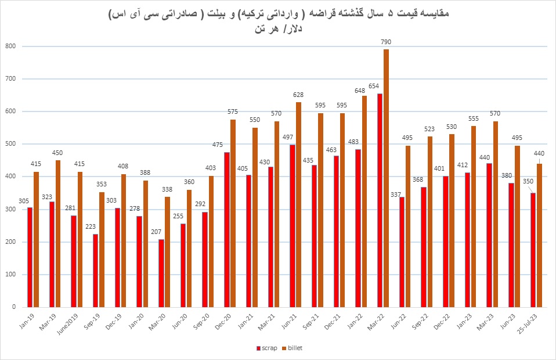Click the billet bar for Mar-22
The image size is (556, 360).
[x=387, y=178]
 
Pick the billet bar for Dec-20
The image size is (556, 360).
[x=233, y=213]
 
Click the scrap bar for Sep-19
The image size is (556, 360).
[x=95, y=271]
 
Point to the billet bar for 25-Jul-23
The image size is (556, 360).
[x=540, y=235]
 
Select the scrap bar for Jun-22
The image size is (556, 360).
[x=402, y=252]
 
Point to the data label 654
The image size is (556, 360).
[x=374, y=86]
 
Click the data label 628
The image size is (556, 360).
[x=298, y=95]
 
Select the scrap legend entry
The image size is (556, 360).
[x=268, y=348]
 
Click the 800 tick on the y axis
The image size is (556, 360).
[x=11, y=46]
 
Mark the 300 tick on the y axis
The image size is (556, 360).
[x=11, y=209]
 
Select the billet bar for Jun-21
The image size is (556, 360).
[x=299, y=204]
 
